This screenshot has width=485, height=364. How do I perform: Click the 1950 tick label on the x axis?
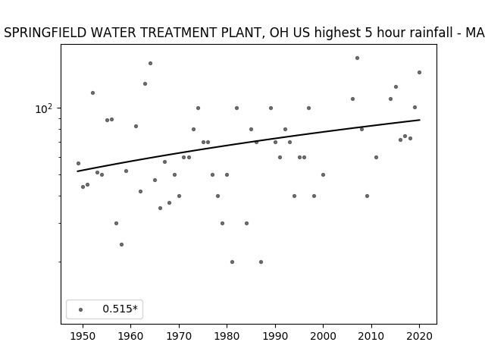click(83, 336)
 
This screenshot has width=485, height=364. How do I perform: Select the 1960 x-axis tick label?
click(131, 336)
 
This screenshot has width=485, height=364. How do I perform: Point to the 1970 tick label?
click(179, 336)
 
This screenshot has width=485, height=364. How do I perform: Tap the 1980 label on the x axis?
click(227, 336)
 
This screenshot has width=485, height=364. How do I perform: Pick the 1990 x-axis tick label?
click(275, 336)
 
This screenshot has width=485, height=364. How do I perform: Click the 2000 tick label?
click(324, 336)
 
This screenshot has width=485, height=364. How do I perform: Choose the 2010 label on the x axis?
click(371, 336)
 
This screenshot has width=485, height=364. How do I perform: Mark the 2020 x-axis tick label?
click(419, 336)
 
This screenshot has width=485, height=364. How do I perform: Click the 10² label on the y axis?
click(44, 108)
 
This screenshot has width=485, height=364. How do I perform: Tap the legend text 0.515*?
click(120, 309)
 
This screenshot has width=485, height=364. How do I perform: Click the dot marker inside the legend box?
click(81, 309)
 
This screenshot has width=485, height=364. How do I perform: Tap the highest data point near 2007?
click(357, 58)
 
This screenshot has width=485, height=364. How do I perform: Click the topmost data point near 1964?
click(150, 63)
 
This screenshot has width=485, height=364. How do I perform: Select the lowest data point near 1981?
click(233, 262)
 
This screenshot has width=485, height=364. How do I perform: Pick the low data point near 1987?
click(261, 262)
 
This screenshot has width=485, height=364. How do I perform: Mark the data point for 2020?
click(419, 73)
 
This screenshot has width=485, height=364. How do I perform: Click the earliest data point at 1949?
click(78, 163)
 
